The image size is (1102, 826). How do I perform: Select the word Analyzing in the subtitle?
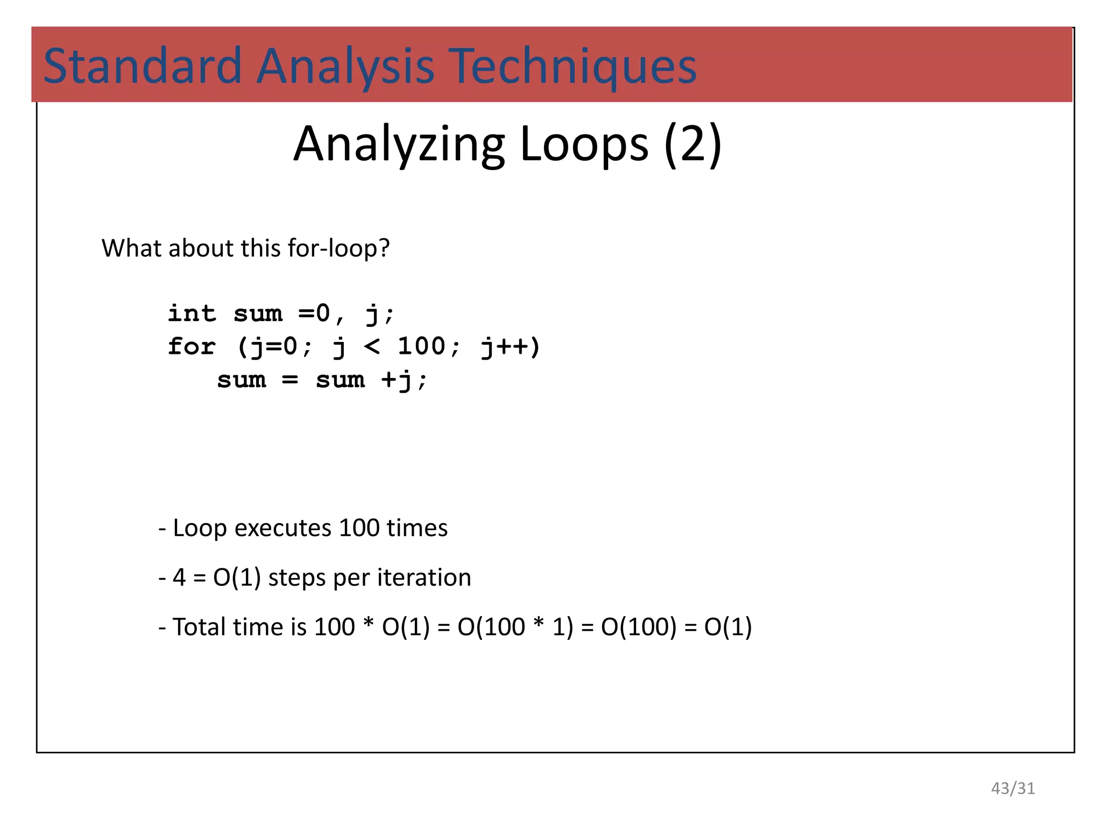(x=399, y=144)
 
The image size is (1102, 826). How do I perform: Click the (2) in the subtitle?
(x=693, y=144)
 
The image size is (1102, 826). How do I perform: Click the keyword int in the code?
(x=192, y=314)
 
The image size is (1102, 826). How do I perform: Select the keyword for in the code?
(x=192, y=346)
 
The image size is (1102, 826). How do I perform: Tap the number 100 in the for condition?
(x=421, y=346)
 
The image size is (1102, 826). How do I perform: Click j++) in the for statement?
(x=510, y=346)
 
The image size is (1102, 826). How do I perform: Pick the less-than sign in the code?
(x=372, y=346)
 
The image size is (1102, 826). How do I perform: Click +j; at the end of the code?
(x=404, y=380)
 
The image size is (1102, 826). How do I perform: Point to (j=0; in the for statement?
(x=273, y=346)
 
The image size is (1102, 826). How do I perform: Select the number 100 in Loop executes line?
(x=359, y=528)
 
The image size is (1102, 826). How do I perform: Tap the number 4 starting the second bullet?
(x=179, y=578)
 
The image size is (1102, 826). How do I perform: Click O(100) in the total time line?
(x=639, y=627)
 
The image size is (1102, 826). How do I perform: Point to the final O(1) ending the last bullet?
(x=727, y=627)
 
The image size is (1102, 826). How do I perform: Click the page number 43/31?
(x=1013, y=788)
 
